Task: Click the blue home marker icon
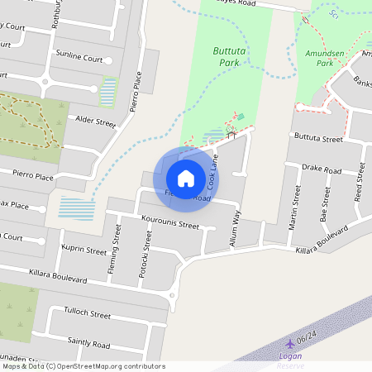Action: [186, 178]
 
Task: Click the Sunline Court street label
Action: [79, 60]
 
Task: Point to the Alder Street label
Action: [95, 122]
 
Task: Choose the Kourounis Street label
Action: [170, 224]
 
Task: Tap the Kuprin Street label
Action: [84, 250]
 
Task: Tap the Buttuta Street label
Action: [318, 138]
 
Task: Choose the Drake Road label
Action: [322, 169]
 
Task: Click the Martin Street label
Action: [295, 207]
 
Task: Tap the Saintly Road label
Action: [88, 344]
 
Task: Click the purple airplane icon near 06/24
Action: [289, 343]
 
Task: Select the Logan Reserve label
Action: [290, 360]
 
